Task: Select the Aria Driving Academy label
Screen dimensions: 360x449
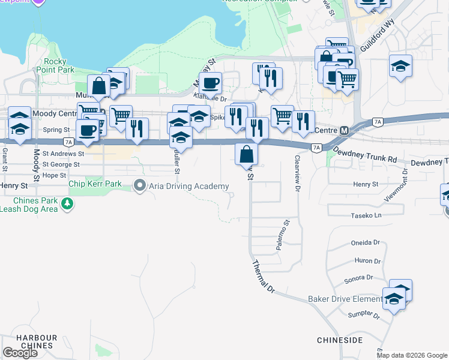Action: [184, 185]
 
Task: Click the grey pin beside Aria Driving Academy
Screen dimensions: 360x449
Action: [140, 185]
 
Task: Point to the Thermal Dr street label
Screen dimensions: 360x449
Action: [263, 276]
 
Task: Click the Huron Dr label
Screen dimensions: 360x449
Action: [368, 261]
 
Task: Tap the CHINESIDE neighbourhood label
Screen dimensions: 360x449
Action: [340, 340]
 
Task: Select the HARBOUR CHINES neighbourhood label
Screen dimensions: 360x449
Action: [37, 342]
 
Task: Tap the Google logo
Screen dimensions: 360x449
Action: [20, 352]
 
